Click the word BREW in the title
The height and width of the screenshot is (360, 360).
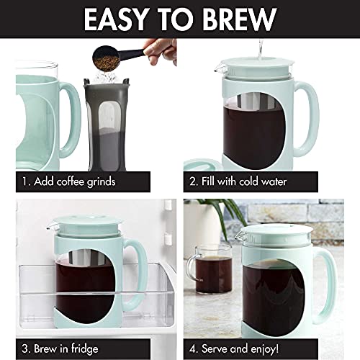241,19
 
